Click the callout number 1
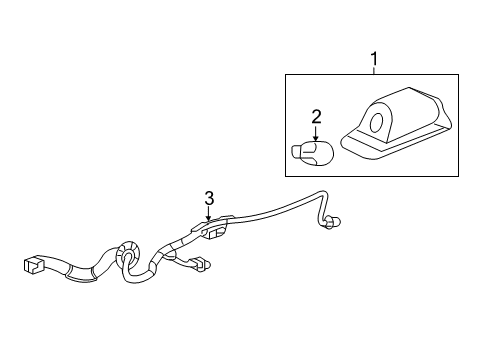click(374, 59)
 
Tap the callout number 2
click(316, 117)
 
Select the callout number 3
click(209, 199)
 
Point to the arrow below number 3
click(209, 213)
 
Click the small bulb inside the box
click(312, 153)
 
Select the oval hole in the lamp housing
click(377, 122)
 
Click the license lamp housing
click(396, 122)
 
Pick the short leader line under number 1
click(374, 71)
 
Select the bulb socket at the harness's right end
click(332, 222)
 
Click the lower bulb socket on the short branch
click(201, 264)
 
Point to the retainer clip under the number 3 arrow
click(211, 227)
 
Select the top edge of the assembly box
click(372, 75)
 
